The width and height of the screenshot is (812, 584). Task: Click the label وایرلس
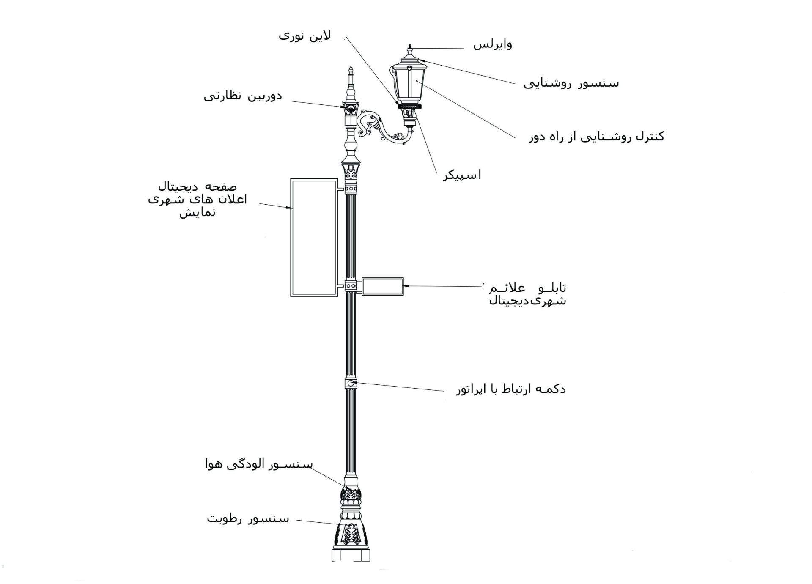(x=492, y=44)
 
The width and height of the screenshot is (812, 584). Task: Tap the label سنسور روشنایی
(x=571, y=83)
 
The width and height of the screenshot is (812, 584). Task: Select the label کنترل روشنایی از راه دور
(x=596, y=137)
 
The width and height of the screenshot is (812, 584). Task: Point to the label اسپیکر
(x=462, y=175)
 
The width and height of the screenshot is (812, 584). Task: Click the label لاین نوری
(x=304, y=36)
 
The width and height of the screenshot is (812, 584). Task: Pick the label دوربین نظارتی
(x=243, y=96)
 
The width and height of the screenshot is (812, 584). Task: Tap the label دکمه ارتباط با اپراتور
(x=511, y=389)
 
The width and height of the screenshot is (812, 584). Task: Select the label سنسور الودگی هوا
(x=259, y=464)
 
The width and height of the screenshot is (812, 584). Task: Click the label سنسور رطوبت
(x=248, y=518)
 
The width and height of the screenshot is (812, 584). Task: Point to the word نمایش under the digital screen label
(x=198, y=212)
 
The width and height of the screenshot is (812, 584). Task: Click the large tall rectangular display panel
(x=314, y=238)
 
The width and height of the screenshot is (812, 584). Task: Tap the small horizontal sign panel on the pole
(x=382, y=286)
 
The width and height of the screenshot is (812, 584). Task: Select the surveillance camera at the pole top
(x=351, y=108)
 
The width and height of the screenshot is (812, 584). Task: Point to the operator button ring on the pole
(x=351, y=384)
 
